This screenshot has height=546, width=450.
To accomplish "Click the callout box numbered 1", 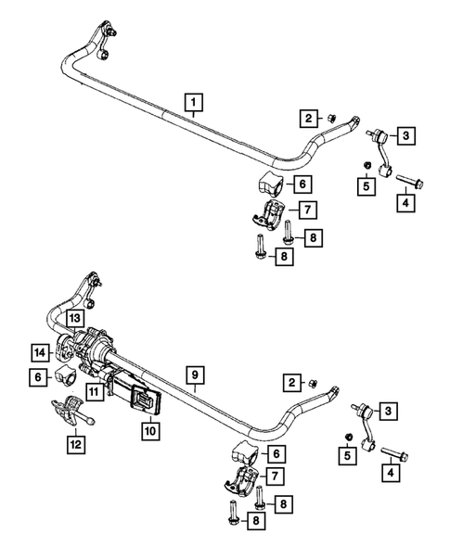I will pyautogui.click(x=194, y=102).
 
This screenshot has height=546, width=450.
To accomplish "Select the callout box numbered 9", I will pyautogui.click(x=194, y=375).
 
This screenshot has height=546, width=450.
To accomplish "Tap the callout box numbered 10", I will pyautogui.click(x=149, y=429).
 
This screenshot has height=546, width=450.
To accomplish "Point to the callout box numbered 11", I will pyautogui.click(x=95, y=393).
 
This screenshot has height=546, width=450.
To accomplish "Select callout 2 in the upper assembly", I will pyautogui.click(x=304, y=118).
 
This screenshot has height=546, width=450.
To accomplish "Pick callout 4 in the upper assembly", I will pyautogui.click(x=406, y=201).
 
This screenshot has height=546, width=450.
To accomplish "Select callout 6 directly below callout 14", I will pyautogui.click(x=40, y=377).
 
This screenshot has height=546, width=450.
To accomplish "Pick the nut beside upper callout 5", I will pyautogui.click(x=366, y=167).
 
